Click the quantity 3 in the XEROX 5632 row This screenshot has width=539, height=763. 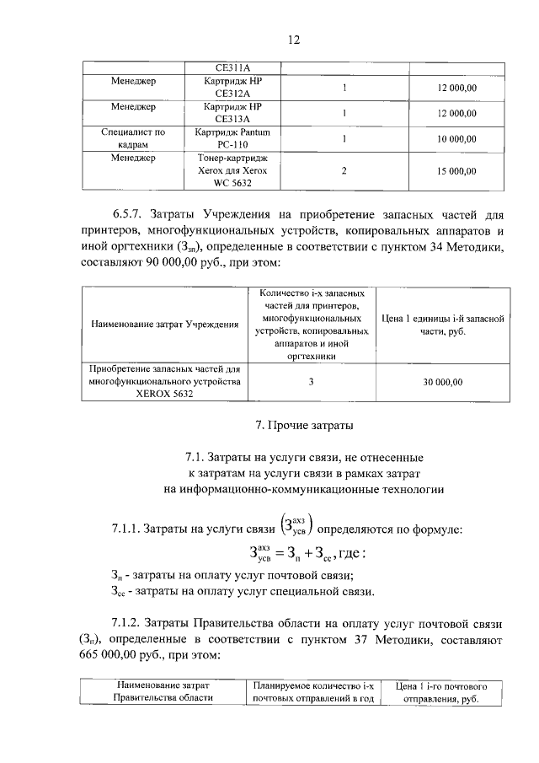pyautogui.click(x=311, y=382)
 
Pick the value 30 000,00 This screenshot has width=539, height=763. pyautogui.click(x=443, y=382)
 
